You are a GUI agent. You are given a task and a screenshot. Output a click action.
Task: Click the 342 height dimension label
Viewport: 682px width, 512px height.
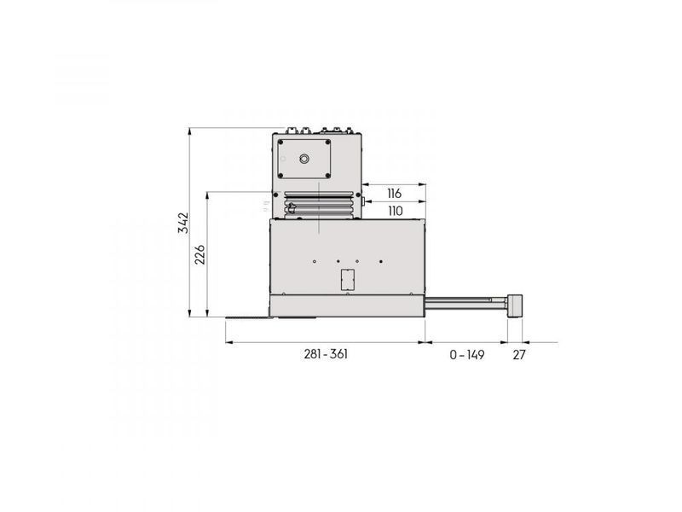[184, 223]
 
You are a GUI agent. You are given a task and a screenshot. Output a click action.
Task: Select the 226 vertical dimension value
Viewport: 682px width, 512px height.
[199, 254]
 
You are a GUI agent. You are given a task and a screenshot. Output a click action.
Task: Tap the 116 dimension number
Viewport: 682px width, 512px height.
[395, 194]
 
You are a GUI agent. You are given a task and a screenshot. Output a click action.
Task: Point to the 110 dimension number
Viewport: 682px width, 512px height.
[396, 211]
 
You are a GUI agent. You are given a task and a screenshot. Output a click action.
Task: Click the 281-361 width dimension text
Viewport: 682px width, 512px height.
[327, 354]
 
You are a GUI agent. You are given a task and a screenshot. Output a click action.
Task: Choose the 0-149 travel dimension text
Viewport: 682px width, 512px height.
[467, 355]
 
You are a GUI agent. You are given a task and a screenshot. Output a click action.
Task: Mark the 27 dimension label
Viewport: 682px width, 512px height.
[519, 355]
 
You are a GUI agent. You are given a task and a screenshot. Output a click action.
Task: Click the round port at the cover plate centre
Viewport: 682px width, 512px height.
[304, 158]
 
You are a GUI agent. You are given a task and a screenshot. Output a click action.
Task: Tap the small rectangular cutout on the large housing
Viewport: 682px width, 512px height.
[348, 279]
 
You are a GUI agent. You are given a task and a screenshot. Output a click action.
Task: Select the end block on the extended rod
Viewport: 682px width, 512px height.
[515, 307]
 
